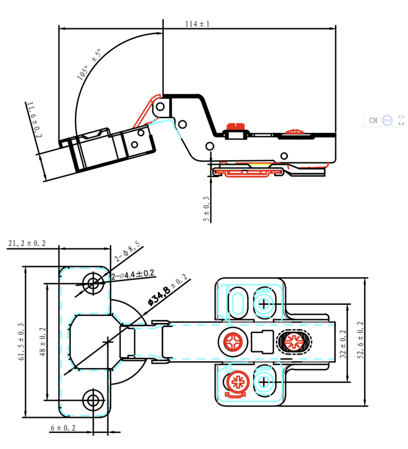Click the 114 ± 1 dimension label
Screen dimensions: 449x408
[x=198, y=23]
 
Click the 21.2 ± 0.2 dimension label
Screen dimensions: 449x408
[x=27, y=243]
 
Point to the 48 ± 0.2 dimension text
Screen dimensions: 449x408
[x=43, y=342]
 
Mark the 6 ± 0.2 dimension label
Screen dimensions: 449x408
[x=63, y=428]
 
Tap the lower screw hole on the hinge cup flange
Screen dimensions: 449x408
[x=93, y=399]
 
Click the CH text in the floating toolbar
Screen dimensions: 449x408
[x=373, y=120]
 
